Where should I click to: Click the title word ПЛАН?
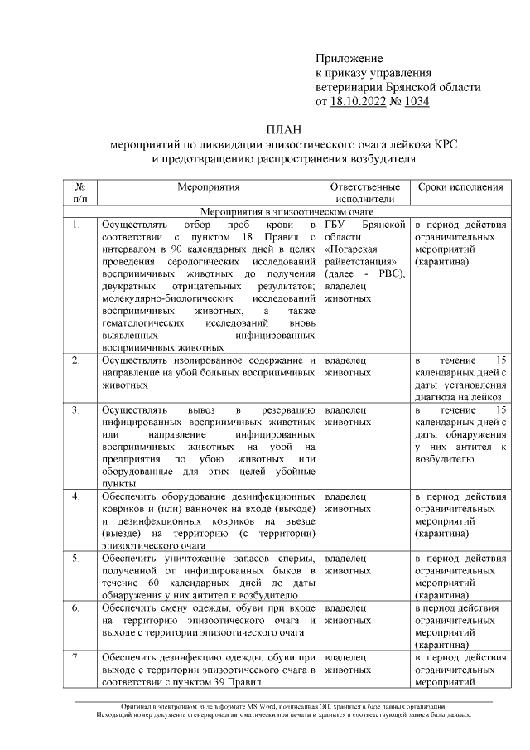point(285,130)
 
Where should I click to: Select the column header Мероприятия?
point(208,187)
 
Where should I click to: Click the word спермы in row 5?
point(295,557)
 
